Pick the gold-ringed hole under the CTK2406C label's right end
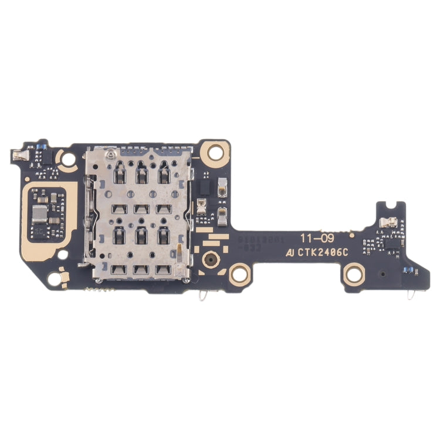click(354, 274)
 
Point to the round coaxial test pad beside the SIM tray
click(209, 258)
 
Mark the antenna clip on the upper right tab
click(389, 222)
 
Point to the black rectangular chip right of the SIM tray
click(205, 187)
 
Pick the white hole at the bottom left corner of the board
click(55, 279)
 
